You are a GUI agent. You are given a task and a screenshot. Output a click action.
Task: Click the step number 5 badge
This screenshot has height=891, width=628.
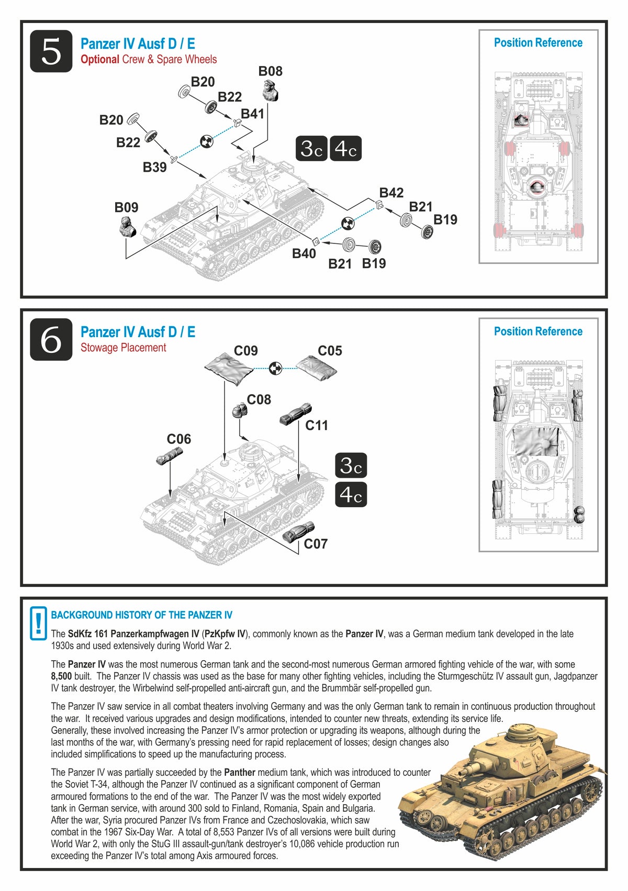tap(51, 51)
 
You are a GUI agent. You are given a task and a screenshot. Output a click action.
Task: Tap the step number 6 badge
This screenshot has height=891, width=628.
tap(51, 340)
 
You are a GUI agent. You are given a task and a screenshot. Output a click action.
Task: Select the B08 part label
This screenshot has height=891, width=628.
tap(271, 71)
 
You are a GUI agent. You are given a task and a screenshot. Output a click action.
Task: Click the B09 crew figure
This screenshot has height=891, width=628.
tap(126, 228)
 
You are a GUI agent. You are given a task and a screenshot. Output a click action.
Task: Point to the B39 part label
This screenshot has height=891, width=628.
tap(155, 168)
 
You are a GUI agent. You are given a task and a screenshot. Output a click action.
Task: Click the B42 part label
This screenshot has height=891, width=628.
tap(391, 193)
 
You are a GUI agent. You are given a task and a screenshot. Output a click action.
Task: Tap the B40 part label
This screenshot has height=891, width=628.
tap(304, 253)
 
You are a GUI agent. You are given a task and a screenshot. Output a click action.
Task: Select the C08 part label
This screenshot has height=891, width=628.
tap(259, 400)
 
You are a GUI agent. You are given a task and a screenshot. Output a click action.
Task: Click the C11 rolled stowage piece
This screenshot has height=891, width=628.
tap(296, 414)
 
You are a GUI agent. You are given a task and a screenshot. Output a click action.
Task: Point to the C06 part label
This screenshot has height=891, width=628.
tap(179, 439)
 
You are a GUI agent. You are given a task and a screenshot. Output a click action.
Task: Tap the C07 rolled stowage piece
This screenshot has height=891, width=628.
tap(298, 532)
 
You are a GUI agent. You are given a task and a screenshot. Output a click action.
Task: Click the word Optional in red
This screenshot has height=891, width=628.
tap(99, 60)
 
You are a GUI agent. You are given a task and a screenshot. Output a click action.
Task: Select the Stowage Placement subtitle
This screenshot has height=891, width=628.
tap(123, 348)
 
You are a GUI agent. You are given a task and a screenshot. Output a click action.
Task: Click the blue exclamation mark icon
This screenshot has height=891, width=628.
tap(38, 623)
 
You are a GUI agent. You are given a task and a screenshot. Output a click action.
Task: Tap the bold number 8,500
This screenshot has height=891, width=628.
tap(61, 676)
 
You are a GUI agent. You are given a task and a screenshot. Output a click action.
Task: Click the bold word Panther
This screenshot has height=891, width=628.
tap(240, 772)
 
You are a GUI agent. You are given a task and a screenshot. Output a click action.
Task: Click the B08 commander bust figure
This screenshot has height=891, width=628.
tap(271, 91)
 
